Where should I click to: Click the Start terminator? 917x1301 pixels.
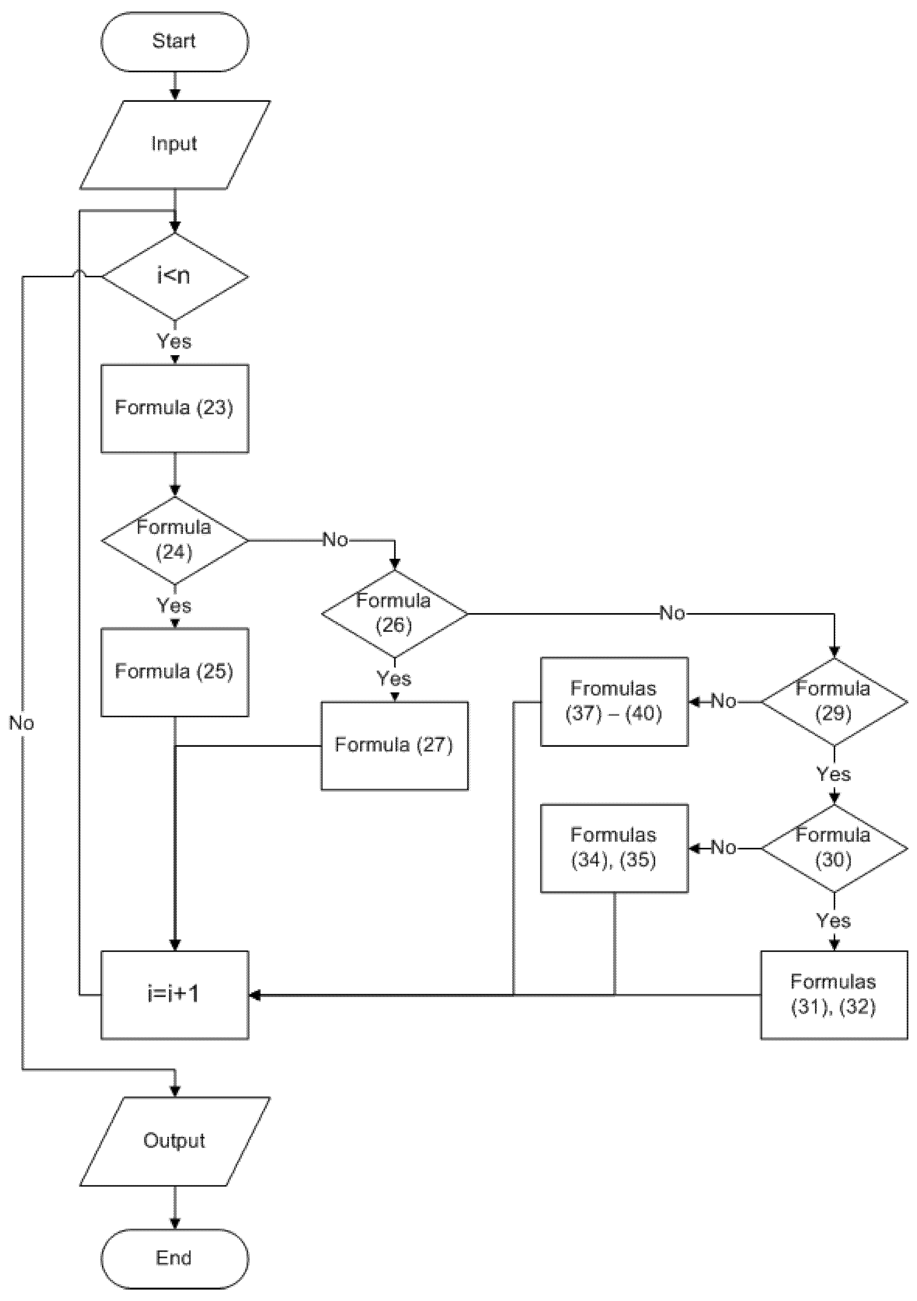[174, 41]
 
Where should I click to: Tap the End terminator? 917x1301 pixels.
[174, 1258]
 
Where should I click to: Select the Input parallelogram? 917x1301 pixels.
[174, 144]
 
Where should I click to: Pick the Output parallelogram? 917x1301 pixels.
[174, 1141]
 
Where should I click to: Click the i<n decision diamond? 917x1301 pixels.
[174, 277]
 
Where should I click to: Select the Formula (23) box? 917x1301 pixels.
[174, 408]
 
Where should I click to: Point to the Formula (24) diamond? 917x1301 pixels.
[174, 540]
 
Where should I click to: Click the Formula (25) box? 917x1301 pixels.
[174, 672]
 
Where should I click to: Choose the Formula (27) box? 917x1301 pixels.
[394, 745]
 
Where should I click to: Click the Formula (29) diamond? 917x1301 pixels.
[834, 701]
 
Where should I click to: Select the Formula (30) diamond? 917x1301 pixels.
[834, 848]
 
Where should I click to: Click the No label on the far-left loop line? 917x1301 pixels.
[21, 724]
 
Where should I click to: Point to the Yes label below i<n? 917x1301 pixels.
[174, 342]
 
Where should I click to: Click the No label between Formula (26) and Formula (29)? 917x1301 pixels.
[672, 613]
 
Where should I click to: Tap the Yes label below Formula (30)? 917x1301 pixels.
[833, 921]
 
